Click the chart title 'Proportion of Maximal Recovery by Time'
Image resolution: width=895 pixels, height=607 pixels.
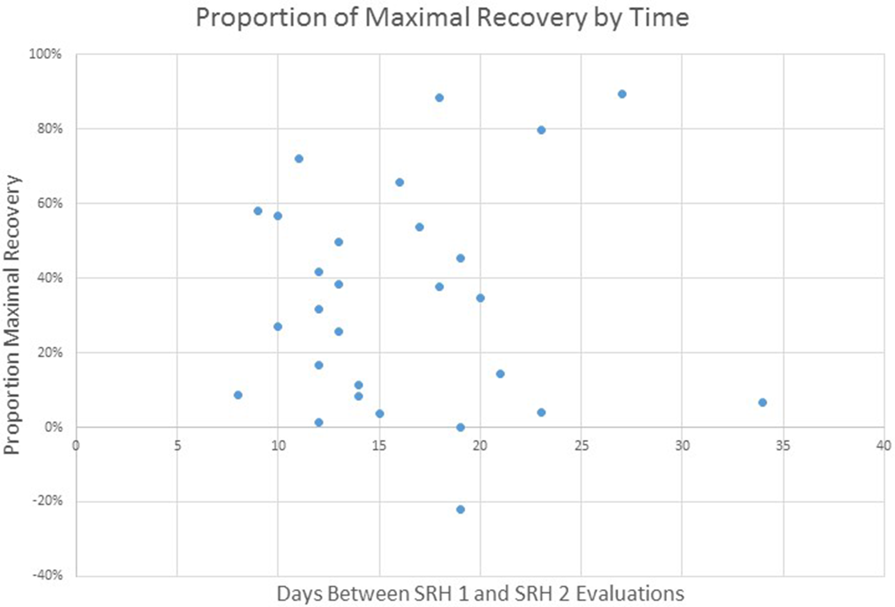442,17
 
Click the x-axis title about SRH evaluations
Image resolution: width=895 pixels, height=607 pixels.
480,593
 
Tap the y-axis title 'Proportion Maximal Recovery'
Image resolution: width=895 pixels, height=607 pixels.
12,315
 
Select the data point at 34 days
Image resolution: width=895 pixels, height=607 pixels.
762,402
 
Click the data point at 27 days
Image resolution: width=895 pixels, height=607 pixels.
622,94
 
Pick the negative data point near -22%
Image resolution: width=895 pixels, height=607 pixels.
460,510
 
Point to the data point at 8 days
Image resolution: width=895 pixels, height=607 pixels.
238,395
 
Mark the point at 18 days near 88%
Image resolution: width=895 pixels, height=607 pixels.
439,98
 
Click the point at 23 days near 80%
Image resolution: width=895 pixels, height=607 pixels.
541,130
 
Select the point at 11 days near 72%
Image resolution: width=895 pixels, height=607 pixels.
299,159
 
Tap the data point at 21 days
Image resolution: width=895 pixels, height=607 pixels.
500,374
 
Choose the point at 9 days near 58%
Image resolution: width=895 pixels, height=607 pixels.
258,211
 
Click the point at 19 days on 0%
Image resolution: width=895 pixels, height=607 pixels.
460,427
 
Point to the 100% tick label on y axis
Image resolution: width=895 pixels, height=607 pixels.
45,54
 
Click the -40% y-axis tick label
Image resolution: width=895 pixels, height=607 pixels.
47,575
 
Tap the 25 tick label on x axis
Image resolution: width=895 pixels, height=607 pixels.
581,446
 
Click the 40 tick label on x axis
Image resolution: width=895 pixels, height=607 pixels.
883,446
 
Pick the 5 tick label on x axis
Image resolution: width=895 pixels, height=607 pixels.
177,446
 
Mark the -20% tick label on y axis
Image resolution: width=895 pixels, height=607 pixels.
47,501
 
